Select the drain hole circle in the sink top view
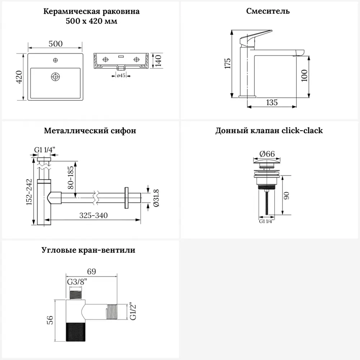click(55, 76)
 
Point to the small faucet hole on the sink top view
click(55, 60)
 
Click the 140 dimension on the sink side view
click(158, 60)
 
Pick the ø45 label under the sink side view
click(121, 76)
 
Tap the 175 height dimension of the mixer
click(227, 63)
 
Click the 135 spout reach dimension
click(272, 103)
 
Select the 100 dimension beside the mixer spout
click(305, 76)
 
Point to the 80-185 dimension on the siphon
click(71, 178)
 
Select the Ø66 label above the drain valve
click(267, 154)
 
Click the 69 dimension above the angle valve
click(91, 271)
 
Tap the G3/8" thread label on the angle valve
click(77, 282)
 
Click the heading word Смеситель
click(268, 11)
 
